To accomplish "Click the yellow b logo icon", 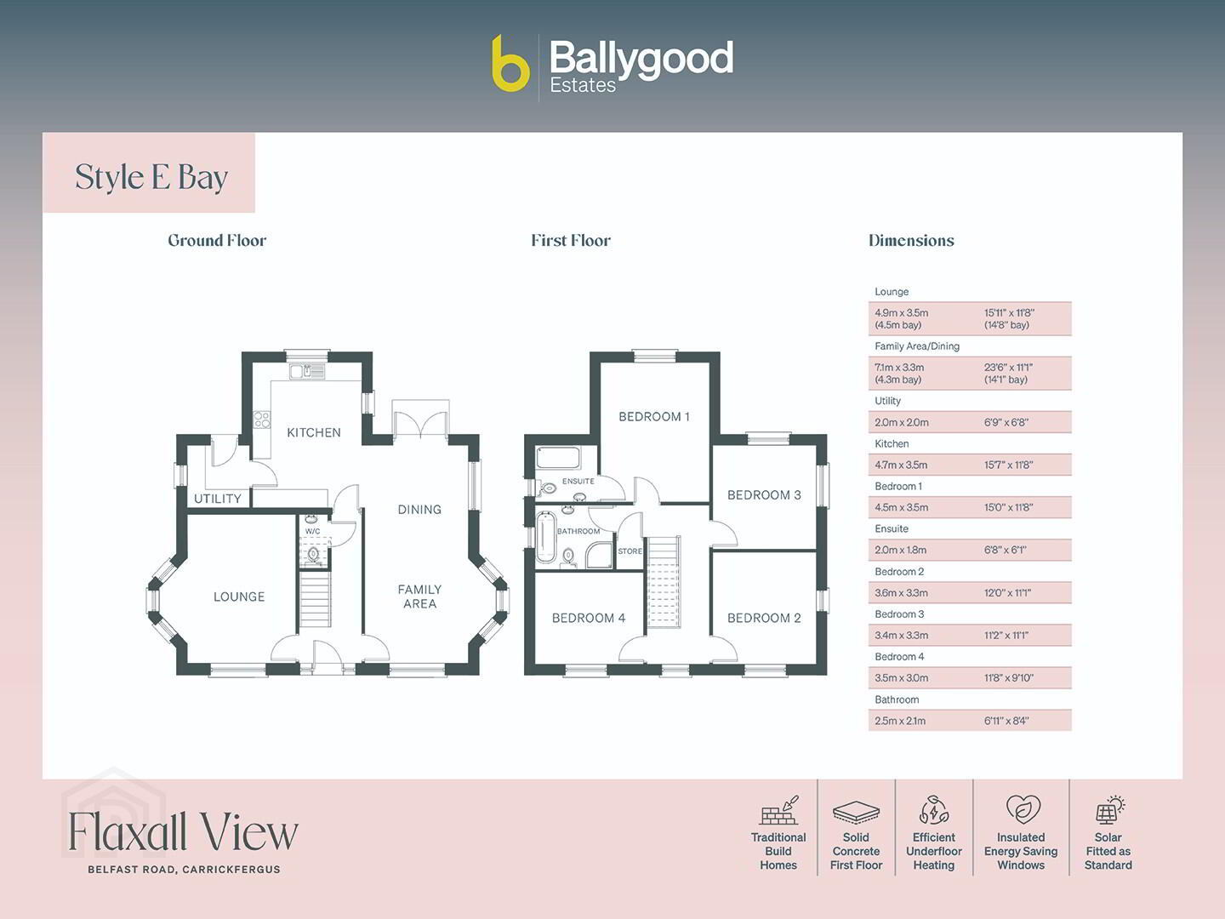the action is click(510, 64).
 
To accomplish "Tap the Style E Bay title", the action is click(151, 178).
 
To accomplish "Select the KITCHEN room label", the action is click(314, 432).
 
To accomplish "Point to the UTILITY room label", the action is click(218, 499).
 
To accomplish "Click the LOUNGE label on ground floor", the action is click(239, 596).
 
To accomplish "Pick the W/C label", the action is click(312, 531).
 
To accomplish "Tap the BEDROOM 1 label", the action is click(654, 417).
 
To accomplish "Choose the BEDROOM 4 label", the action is click(589, 618).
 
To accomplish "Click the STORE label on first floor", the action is click(630, 551).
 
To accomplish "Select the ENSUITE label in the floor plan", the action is click(578, 481).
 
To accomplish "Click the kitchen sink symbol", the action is click(307, 371).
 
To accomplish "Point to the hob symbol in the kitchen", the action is click(262, 420).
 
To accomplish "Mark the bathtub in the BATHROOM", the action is click(544, 537).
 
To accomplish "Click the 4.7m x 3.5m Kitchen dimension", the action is click(901, 465).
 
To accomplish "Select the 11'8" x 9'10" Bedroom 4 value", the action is click(1009, 678).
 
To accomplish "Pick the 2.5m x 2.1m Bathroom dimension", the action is click(900, 721).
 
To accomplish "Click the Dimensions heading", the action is click(911, 241).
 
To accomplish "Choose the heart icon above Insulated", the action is click(1023, 809).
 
